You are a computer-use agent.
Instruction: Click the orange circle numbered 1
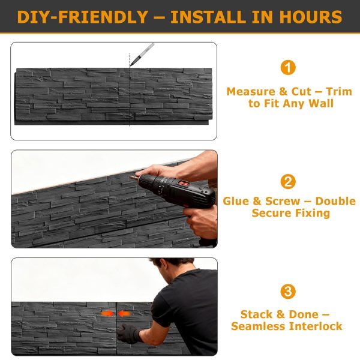tap(289, 67)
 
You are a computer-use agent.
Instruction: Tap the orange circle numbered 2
tap(289, 182)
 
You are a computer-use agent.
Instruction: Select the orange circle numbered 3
tap(289, 292)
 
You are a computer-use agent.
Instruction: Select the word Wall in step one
tap(320, 104)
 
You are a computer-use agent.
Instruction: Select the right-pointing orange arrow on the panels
tap(107, 313)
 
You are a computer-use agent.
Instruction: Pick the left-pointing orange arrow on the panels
tap(124, 313)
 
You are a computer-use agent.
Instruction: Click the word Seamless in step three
tap(256, 326)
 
